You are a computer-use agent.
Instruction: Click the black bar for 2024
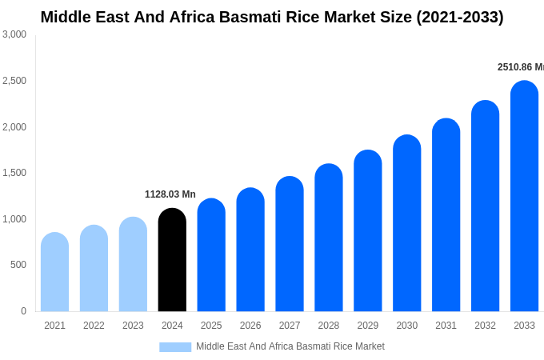click(x=172, y=260)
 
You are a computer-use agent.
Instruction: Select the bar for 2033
click(x=524, y=196)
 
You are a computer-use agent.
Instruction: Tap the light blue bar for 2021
click(x=54, y=272)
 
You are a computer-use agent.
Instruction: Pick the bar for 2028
click(x=329, y=238)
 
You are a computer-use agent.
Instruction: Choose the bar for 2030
click(x=406, y=223)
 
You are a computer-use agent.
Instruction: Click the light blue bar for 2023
click(x=133, y=264)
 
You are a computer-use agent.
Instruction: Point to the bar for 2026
click(x=250, y=250)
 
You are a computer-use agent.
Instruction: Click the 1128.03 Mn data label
click(x=170, y=194)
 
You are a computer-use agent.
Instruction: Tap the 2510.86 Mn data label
click(x=520, y=67)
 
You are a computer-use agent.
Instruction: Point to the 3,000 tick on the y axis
click(x=14, y=34)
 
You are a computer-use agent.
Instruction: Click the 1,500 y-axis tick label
click(x=14, y=173)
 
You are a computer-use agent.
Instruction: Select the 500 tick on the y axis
click(x=18, y=265)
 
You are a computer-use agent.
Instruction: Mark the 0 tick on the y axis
click(x=23, y=311)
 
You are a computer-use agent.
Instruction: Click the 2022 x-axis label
click(x=94, y=326)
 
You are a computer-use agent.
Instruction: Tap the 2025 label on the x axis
click(x=211, y=326)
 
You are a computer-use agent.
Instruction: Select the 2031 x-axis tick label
click(x=446, y=326)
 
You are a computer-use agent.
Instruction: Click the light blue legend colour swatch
click(x=175, y=347)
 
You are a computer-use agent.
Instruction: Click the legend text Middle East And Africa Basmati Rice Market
click(x=290, y=346)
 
